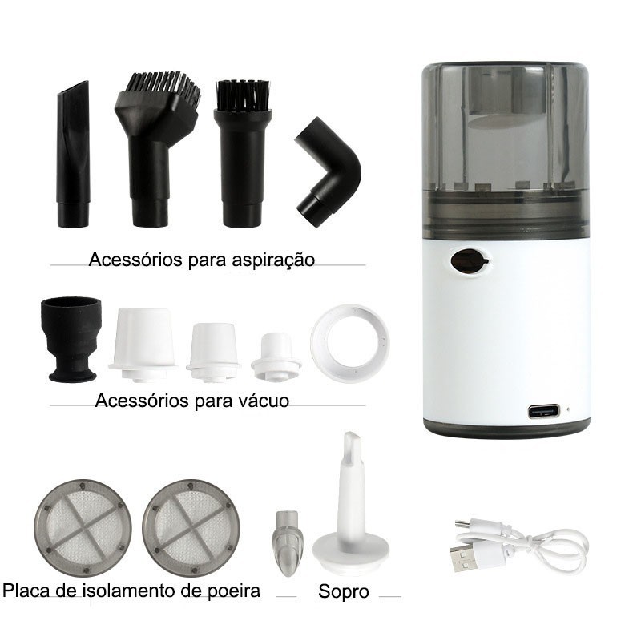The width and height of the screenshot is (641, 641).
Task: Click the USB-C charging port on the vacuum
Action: coord(543,411)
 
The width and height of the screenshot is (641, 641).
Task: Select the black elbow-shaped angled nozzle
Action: coord(328,171)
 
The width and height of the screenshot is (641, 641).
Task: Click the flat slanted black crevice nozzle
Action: coord(73,154)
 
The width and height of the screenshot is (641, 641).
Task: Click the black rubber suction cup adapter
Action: coord(71,339)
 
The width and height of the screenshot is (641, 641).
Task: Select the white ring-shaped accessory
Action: coord(349,343)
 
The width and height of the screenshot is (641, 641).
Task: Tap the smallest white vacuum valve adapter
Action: coord(276,357)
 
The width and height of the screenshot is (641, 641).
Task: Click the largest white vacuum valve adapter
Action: coord(143,345)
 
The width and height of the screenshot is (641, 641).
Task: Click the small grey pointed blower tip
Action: coord(288,542)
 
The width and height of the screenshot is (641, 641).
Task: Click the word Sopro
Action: coord(344,591)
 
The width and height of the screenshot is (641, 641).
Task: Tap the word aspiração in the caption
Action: coord(273,260)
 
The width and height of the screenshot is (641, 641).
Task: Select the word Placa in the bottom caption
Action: coord(26,591)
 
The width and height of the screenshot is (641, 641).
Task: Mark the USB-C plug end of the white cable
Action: coord(464,525)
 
